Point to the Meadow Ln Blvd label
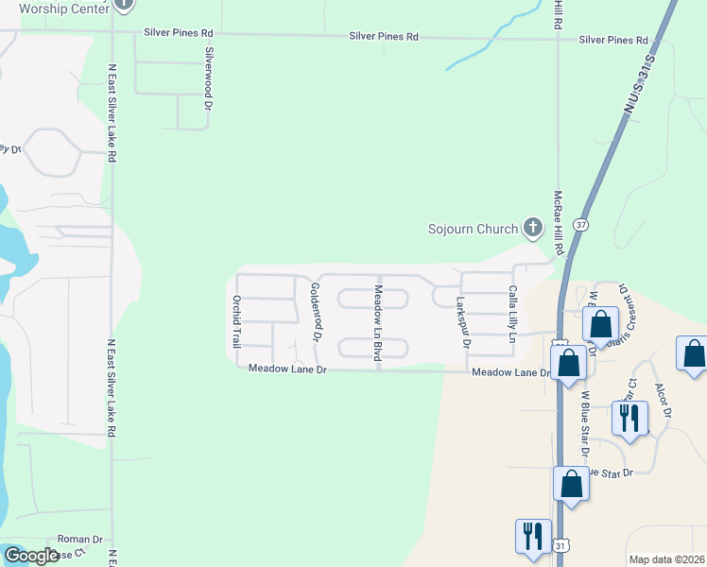[x=377, y=322]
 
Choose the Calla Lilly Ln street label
[x=513, y=314]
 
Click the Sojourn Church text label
[x=473, y=229]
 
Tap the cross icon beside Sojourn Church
[x=533, y=227]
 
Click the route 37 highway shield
[x=580, y=226]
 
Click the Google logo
[x=31, y=556]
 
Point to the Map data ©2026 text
[x=666, y=559]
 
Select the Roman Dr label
[x=73, y=539]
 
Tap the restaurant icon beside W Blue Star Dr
[x=629, y=416]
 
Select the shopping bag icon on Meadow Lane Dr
[x=568, y=362]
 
